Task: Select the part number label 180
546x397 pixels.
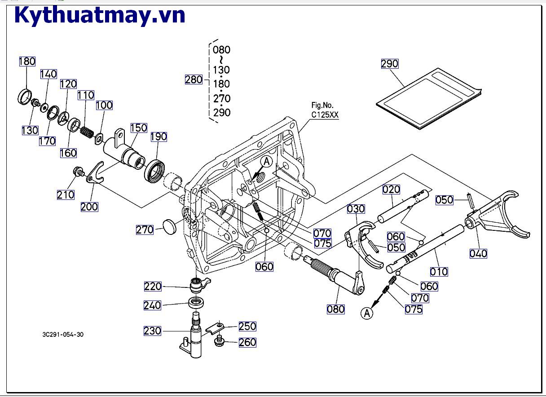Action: [27, 62]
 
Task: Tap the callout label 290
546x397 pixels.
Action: [389, 64]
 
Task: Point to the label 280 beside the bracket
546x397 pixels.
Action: [194, 79]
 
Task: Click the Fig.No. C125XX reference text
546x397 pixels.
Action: [325, 110]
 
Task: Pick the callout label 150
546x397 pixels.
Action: [138, 128]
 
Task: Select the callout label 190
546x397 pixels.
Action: [158, 137]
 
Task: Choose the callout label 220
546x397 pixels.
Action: [153, 286]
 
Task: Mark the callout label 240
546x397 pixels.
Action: [152, 305]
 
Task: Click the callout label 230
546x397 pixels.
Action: [152, 331]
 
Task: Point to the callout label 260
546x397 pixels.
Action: [247, 342]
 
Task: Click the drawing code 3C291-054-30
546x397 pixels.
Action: [62, 335]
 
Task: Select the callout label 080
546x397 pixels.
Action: [335, 309]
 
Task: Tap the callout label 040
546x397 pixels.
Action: [478, 254]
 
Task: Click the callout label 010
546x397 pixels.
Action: [439, 272]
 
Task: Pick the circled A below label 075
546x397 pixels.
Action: [367, 313]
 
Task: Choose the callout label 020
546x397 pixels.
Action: [391, 190]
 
